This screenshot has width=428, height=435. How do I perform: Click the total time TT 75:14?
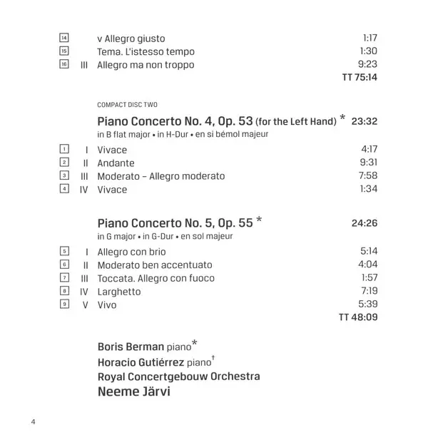[360, 77]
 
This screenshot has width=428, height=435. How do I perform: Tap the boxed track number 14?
[64, 38]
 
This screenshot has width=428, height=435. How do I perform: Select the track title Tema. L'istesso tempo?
[146, 51]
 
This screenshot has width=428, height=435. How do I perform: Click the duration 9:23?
[366, 65]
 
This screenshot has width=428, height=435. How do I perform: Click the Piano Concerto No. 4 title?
[217, 121]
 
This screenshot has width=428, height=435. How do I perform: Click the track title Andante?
[116, 163]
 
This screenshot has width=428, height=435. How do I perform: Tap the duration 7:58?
[366, 175]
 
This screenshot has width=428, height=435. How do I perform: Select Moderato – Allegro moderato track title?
[161, 175]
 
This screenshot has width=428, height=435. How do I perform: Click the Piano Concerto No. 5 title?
[175, 222]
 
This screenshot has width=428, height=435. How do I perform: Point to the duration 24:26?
[364, 223]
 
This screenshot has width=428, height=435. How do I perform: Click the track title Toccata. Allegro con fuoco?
[156, 278]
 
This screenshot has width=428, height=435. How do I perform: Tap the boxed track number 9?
[64, 304]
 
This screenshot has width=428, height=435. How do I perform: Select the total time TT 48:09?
[358, 317]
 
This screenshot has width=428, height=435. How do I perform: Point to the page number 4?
[33, 421]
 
